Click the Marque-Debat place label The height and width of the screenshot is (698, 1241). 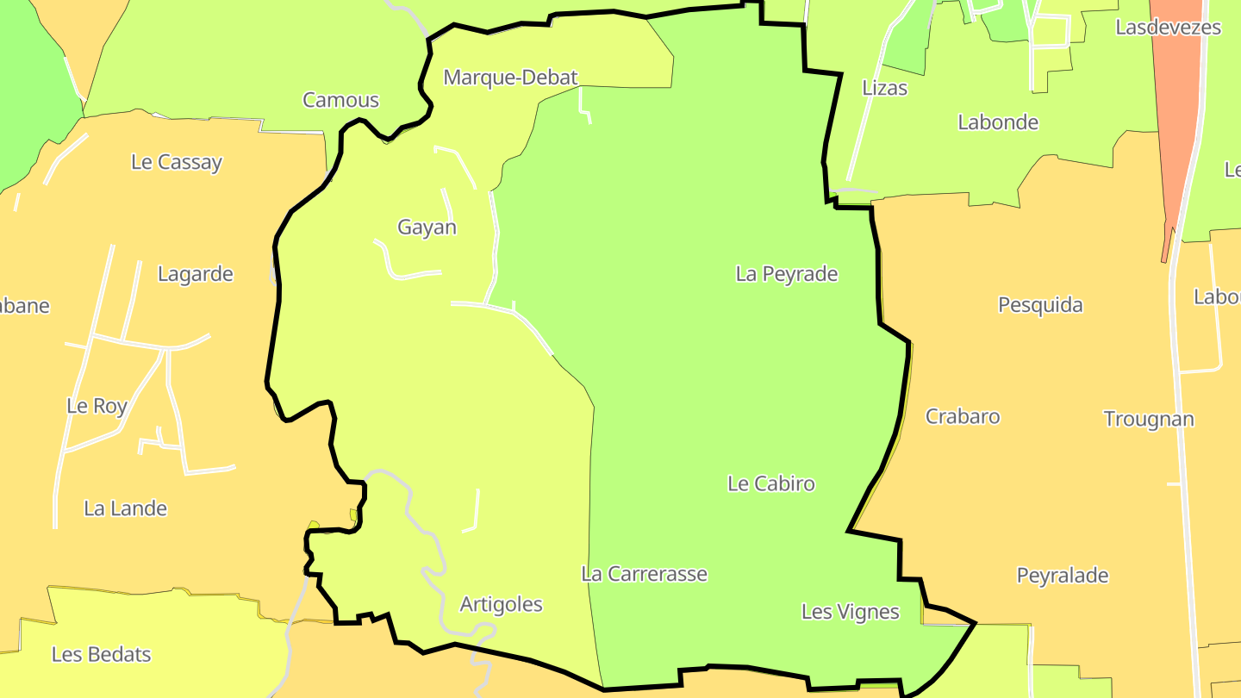pos(510,78)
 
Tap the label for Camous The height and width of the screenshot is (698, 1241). pos(340,100)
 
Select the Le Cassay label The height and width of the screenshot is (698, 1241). pos(177,162)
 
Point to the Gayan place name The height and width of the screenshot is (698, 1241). pos(427,227)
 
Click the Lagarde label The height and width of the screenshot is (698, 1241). pos(196,274)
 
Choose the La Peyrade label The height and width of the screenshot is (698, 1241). pos(786,274)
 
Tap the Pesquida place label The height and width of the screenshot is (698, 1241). pos(1040,305)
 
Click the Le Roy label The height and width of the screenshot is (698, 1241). pos(97,406)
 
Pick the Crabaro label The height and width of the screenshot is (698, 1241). pos(963,416)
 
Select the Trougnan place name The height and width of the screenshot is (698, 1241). pos(1149,420)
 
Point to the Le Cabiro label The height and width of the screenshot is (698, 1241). pos(771,483)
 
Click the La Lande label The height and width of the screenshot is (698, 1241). pos(125,508)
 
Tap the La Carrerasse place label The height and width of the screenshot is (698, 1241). pos(645,574)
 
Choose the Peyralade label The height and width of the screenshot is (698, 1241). pos(1063,576)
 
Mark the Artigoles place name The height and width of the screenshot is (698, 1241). pos(502,604)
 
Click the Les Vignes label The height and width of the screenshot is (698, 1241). pos(851,612)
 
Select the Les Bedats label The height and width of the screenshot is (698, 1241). pos(101,655)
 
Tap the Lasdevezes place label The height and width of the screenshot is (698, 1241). pos(1168,28)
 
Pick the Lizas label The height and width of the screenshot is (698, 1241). pos(885,88)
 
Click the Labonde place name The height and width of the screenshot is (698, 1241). pos(998,122)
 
